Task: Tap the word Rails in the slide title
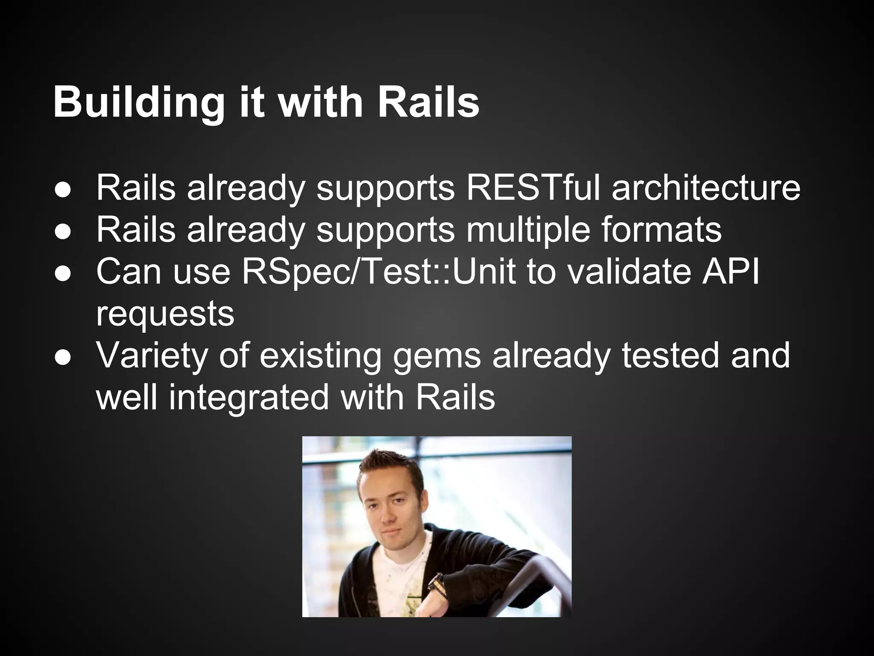[x=428, y=102]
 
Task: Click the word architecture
[x=706, y=187]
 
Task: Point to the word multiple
[x=529, y=230]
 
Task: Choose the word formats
[x=662, y=230]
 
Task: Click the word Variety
[x=151, y=355]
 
